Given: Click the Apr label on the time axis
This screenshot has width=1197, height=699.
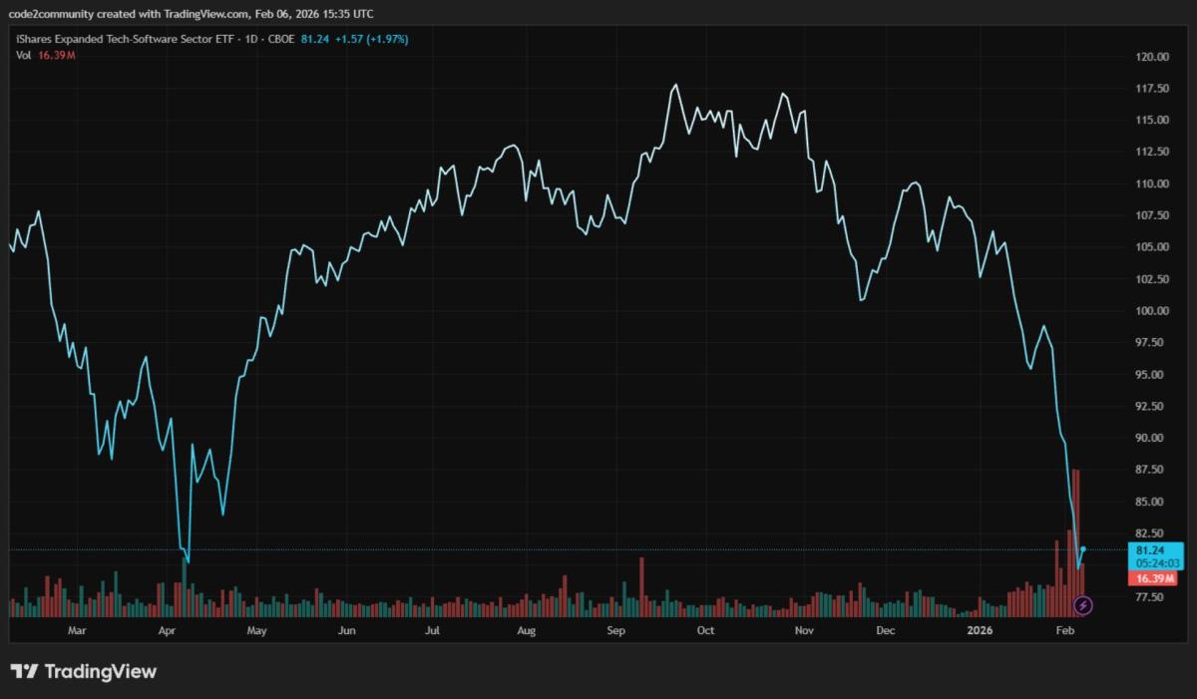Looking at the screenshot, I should pos(167,630).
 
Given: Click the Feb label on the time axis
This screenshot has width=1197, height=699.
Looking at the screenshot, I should pos(1064,630).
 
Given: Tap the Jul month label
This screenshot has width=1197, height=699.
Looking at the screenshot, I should pos(432,630).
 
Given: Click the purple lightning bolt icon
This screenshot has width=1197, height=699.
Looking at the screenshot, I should pos(1085,604).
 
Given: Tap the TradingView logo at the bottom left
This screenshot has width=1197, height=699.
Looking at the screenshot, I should pos(84,671).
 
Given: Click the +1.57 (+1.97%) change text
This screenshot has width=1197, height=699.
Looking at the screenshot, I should pos(374,39).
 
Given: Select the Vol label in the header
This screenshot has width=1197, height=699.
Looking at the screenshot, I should pos(23,55).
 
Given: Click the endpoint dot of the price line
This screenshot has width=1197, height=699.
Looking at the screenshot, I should pos(1083,549).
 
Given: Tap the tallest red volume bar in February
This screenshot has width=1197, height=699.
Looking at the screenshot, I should pos(1075,538).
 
